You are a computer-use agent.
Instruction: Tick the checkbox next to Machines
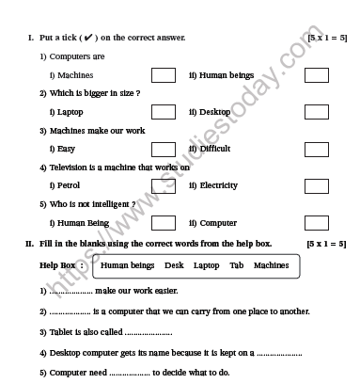click(x=164, y=74)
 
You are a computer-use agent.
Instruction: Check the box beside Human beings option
click(x=316, y=74)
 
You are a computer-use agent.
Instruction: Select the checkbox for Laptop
click(x=164, y=112)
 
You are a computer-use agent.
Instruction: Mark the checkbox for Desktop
click(x=316, y=112)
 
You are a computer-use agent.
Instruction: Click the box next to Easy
click(x=164, y=149)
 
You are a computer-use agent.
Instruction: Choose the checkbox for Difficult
click(x=316, y=149)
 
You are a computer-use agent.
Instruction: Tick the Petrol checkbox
click(x=164, y=185)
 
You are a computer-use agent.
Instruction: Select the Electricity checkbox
click(x=316, y=185)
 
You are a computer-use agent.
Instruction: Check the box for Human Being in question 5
click(x=164, y=223)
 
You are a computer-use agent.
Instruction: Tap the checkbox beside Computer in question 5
click(x=316, y=223)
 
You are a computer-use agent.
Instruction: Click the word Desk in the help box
click(x=174, y=265)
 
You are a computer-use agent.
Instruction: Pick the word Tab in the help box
click(x=236, y=265)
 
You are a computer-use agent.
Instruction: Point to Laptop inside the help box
click(x=206, y=265)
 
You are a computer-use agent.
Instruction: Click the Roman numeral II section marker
click(x=29, y=243)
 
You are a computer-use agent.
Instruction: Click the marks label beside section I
click(x=327, y=37)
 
